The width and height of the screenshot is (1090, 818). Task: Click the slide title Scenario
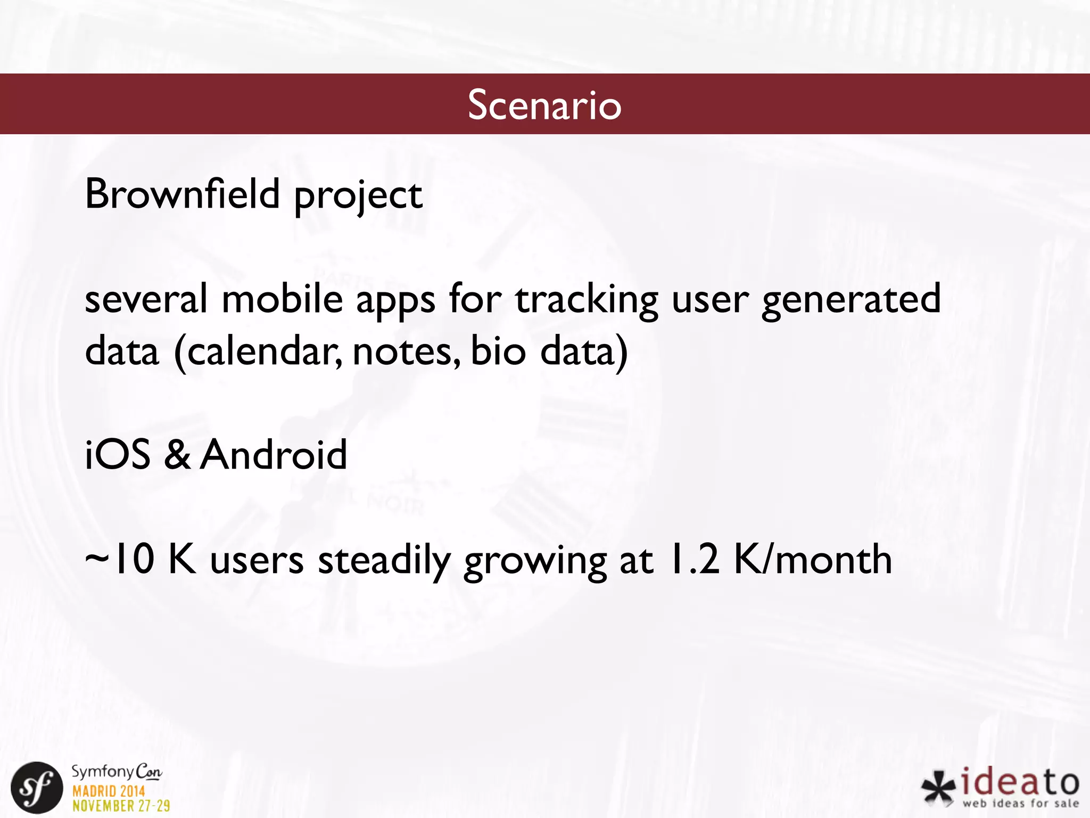544,104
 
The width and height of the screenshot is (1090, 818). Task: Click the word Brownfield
182,194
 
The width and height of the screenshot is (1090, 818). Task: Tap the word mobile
282,299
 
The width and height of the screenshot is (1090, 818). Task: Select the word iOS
118,455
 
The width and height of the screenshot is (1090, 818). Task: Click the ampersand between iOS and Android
177,455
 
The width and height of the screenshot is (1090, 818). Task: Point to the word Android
274,455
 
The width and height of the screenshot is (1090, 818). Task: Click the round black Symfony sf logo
37,788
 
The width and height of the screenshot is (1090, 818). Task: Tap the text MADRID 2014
109,791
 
